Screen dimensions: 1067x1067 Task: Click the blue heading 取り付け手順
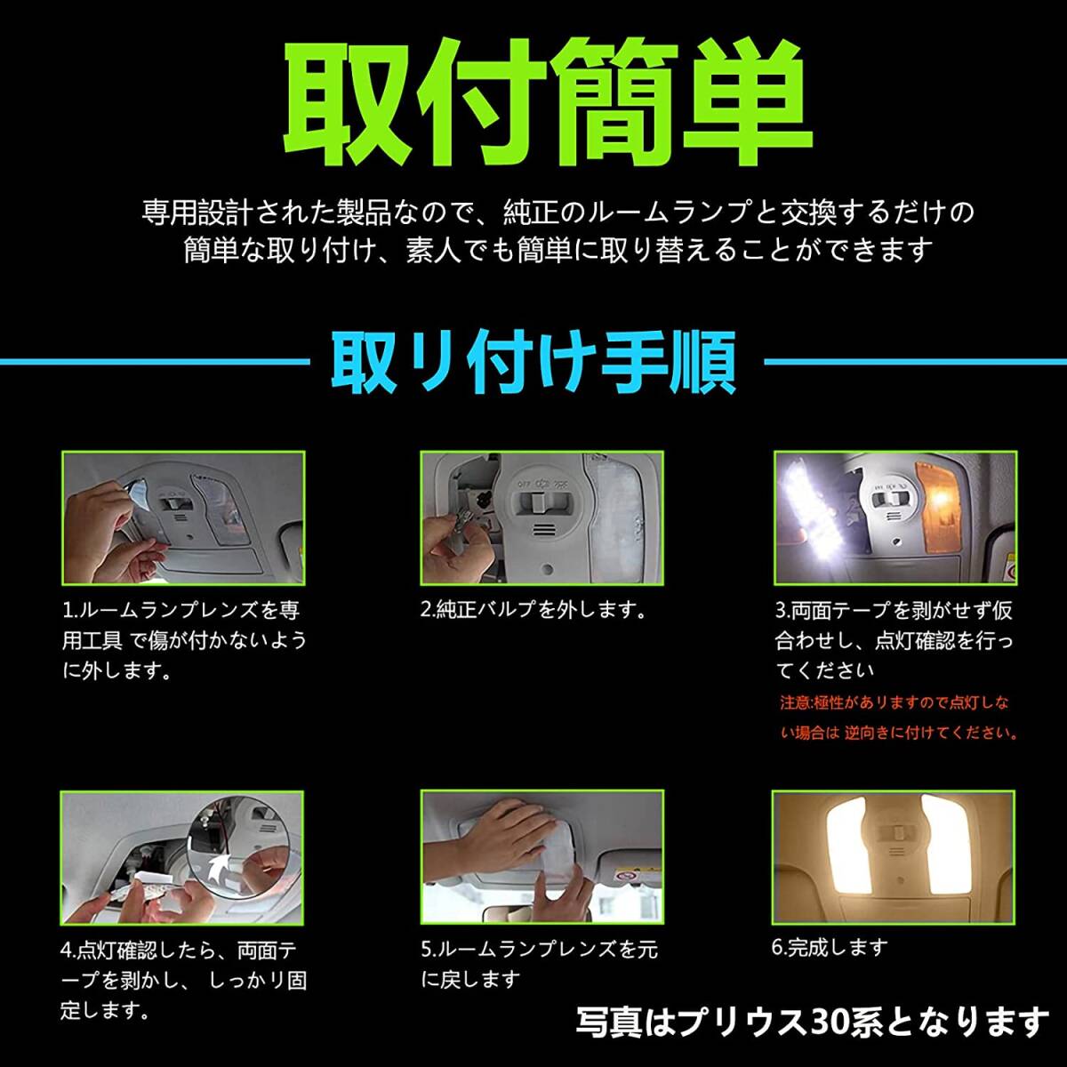pos(533,363)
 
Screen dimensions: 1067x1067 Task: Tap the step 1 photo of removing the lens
pos(183,517)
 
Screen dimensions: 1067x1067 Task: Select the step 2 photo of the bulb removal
pos(542,517)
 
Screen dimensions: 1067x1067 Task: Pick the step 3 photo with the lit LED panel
pos(895,517)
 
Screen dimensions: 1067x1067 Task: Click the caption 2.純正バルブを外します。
pos(533,610)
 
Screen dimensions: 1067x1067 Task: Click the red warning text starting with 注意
pos(898,718)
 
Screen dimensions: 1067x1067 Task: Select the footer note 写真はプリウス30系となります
pos(813,1021)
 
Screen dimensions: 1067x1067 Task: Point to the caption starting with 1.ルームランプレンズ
pos(182,640)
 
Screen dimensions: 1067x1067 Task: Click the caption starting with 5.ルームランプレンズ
pos(539,965)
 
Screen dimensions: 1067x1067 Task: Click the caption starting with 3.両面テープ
pos(894,640)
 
